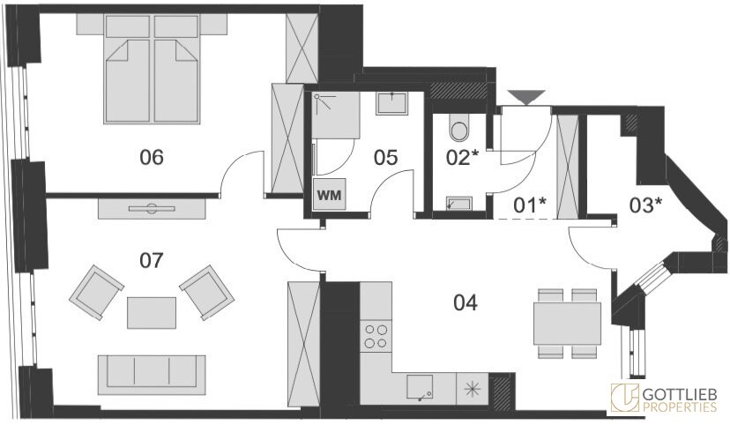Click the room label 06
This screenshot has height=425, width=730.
tap(152, 157)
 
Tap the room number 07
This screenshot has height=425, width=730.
tap(152, 260)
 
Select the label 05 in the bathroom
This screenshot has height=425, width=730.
tap(385, 158)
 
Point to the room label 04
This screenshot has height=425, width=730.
tap(466, 303)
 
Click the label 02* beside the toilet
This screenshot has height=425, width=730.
tap(462, 157)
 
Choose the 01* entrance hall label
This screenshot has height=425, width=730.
tap(529, 205)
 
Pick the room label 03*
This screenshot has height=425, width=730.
tap(645, 205)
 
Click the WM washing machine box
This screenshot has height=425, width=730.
tap(329, 194)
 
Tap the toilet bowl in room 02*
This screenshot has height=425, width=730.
tap(459, 128)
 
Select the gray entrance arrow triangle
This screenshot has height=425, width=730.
tap(526, 97)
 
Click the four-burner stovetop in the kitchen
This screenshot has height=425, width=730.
tap(376, 337)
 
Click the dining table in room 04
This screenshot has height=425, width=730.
tap(567, 323)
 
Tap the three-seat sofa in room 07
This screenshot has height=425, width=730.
tap(152, 375)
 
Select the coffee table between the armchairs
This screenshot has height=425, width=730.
tap(152, 313)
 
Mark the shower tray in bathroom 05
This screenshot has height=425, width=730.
tap(336, 115)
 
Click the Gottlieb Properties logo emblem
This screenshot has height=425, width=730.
tap(625, 398)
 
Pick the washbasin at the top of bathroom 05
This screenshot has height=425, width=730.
tap(392, 103)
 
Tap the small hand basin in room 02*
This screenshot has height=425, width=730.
tap(459, 204)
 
